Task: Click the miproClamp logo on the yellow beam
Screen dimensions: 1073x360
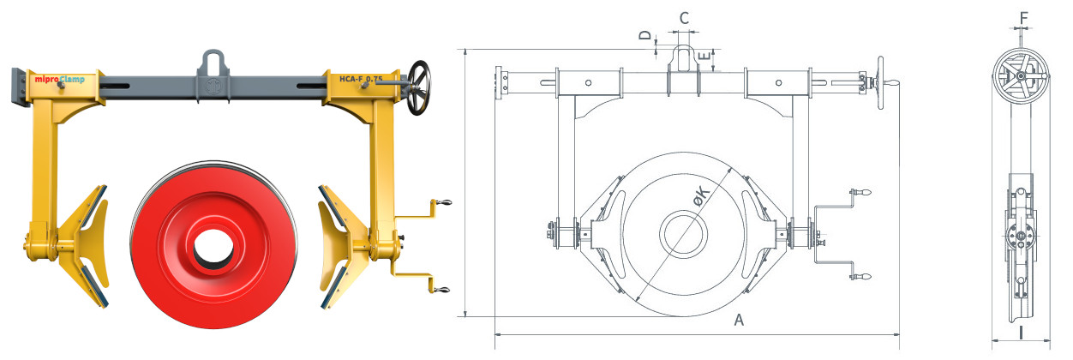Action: coord(59,79)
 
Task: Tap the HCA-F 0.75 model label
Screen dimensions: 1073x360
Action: coord(361,79)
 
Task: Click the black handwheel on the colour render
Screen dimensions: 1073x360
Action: coord(419,87)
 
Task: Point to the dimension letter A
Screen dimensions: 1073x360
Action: coord(739,320)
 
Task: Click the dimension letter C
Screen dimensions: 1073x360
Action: coord(684,18)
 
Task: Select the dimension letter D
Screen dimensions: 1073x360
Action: coord(646,35)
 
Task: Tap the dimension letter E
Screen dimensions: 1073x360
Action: coord(704,57)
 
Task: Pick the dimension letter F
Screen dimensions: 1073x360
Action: coord(1023,18)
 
